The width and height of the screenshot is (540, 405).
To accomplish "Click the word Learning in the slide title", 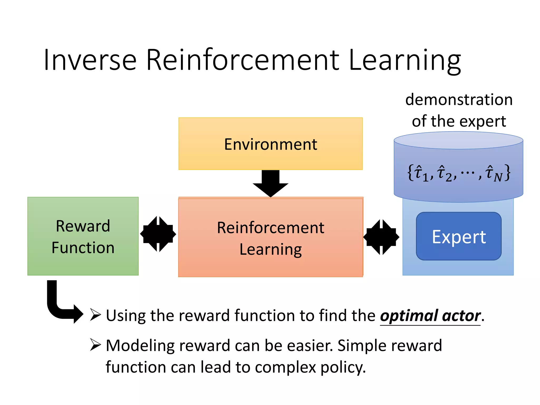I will (x=405, y=60).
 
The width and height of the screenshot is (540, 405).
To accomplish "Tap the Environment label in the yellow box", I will (x=271, y=144).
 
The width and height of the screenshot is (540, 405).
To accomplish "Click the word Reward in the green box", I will (x=83, y=226).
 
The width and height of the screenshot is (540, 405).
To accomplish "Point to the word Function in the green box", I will (x=83, y=248).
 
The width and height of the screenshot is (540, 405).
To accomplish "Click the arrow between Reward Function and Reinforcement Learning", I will (x=158, y=234).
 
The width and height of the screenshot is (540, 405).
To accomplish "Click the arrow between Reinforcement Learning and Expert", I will (x=381, y=237).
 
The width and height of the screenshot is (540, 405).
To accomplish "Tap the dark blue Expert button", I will (x=459, y=236).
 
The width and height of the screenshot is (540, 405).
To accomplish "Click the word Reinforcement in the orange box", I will (x=271, y=228).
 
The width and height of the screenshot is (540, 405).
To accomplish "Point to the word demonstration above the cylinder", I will (x=459, y=100).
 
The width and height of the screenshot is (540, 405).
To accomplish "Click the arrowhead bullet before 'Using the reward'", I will (x=95, y=315).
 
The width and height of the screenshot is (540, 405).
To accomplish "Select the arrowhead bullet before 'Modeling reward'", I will (x=95, y=345).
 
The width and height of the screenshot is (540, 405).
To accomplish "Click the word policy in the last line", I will (x=343, y=367).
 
